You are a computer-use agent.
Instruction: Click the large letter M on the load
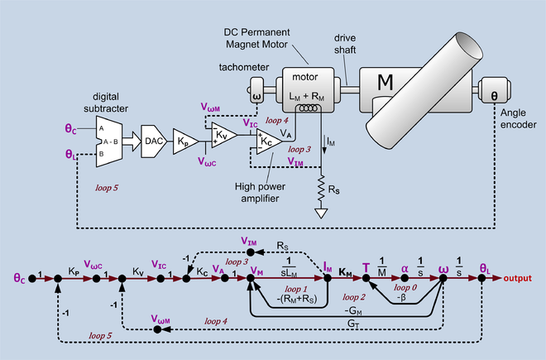tap(385, 82)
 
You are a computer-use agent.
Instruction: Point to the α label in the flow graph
tap(405, 267)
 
